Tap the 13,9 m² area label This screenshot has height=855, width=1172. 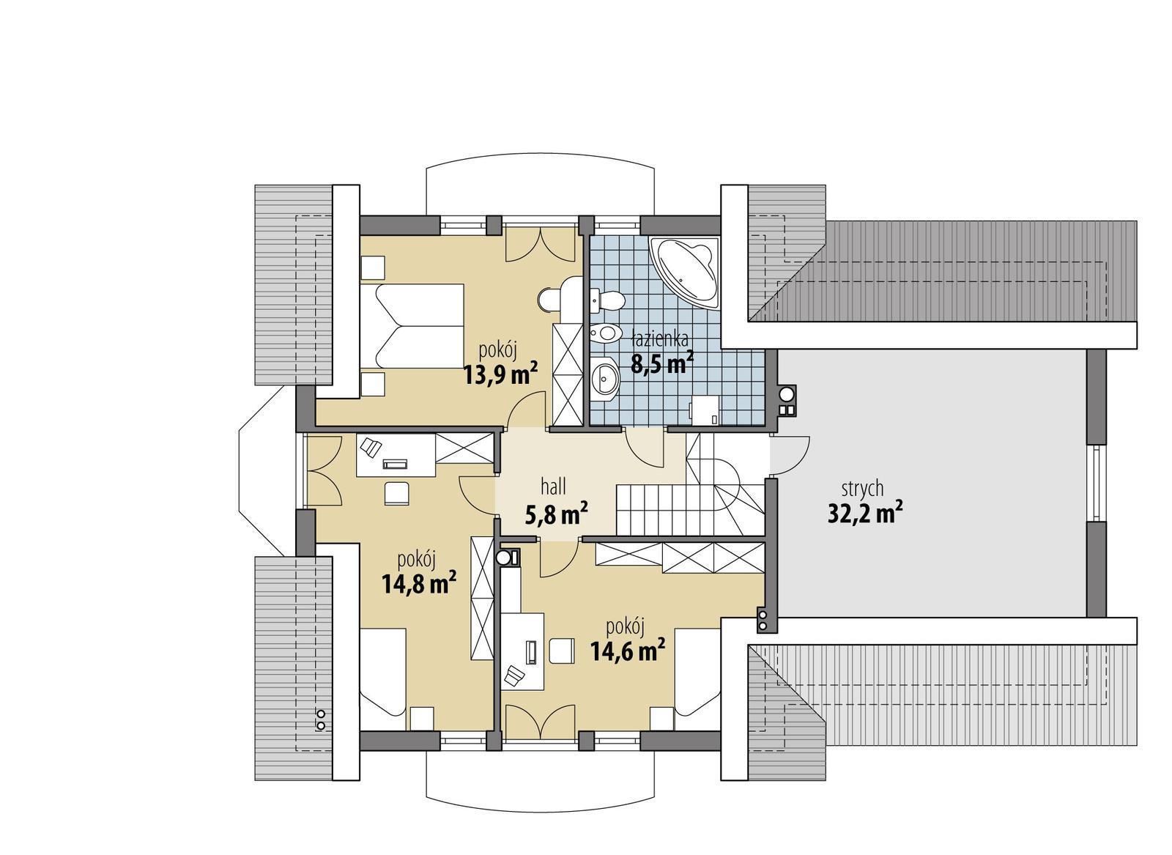[x=500, y=375]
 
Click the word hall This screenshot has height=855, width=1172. [x=553, y=485]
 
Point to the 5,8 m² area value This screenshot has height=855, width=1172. [x=557, y=515]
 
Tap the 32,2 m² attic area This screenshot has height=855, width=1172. [x=864, y=514]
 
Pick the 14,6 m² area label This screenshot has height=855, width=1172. [x=627, y=649]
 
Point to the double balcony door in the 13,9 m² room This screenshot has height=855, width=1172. [x=540, y=245]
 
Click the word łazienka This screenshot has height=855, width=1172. [x=659, y=338]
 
